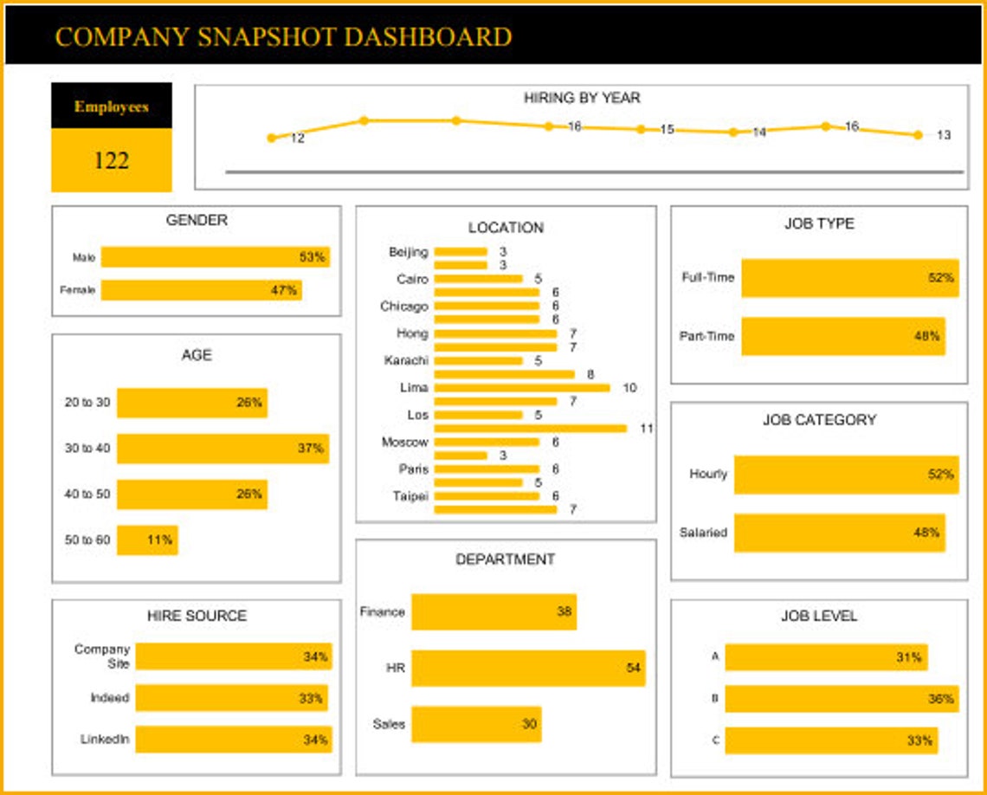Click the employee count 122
112,160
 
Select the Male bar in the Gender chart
215,257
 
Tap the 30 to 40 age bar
223,449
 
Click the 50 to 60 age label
87,540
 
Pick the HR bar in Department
527,669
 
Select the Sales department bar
475,724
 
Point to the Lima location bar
521,388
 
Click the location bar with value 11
530,428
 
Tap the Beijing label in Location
409,252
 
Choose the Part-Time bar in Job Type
842,336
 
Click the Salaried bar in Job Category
839,533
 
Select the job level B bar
841,698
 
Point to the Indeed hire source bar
231,698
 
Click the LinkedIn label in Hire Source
105,740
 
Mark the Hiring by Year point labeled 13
918,134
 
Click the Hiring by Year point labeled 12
272,138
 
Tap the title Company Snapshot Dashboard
283,36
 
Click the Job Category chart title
819,420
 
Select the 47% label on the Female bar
284,290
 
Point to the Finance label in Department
382,611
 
